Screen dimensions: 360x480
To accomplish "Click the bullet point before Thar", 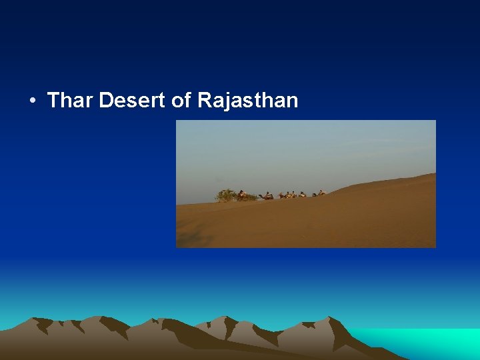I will tap(32, 101).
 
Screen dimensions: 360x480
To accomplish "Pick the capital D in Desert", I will tap(105, 101).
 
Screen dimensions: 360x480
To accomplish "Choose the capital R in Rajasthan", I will tap(205, 101).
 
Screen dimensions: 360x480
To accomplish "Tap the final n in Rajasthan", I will tap(292, 102).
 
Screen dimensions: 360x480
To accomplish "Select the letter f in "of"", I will tap(188, 101).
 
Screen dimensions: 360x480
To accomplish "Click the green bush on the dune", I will tap(227, 195).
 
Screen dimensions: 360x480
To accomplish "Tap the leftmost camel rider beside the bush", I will tap(241, 194).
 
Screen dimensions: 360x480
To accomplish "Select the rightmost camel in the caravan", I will tap(320, 193).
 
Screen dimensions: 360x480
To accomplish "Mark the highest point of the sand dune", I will tap(433, 175).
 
